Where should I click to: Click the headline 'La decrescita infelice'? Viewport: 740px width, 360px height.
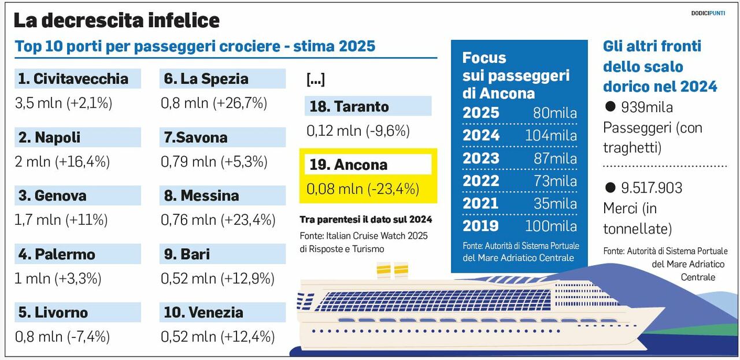pyautogui.click(x=116, y=21)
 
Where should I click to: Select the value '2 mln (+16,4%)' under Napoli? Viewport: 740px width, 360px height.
pyautogui.click(x=62, y=162)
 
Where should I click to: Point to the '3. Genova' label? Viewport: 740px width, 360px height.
pyautogui.click(x=53, y=196)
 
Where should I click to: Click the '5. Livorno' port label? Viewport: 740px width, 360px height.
pyautogui.click(x=53, y=313)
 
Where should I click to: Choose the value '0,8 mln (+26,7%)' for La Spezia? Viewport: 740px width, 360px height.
pyautogui.click(x=214, y=103)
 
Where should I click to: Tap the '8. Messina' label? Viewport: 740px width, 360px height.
pyautogui.click(x=201, y=196)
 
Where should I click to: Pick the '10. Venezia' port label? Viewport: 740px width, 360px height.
pyautogui.click(x=203, y=313)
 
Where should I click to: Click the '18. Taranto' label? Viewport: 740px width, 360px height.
pyautogui.click(x=349, y=107)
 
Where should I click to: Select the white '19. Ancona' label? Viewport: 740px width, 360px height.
pyautogui.click(x=349, y=165)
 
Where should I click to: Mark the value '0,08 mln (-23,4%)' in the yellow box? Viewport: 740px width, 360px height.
pyautogui.click(x=362, y=188)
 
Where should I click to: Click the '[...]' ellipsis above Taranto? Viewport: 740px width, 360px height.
pyautogui.click(x=316, y=80)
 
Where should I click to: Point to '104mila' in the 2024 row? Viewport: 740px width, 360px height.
pyautogui.click(x=550, y=136)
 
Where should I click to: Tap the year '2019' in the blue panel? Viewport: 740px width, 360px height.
pyautogui.click(x=480, y=226)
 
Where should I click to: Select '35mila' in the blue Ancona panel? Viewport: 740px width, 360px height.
pyautogui.click(x=554, y=203)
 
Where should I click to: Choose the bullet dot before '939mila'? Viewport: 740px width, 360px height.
pyautogui.click(x=609, y=107)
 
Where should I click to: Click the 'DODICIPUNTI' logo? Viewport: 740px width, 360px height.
pyautogui.click(x=708, y=13)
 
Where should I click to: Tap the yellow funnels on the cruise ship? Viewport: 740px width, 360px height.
pyautogui.click(x=393, y=269)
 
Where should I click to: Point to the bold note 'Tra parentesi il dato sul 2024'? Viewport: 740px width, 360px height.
pyautogui.click(x=365, y=220)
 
